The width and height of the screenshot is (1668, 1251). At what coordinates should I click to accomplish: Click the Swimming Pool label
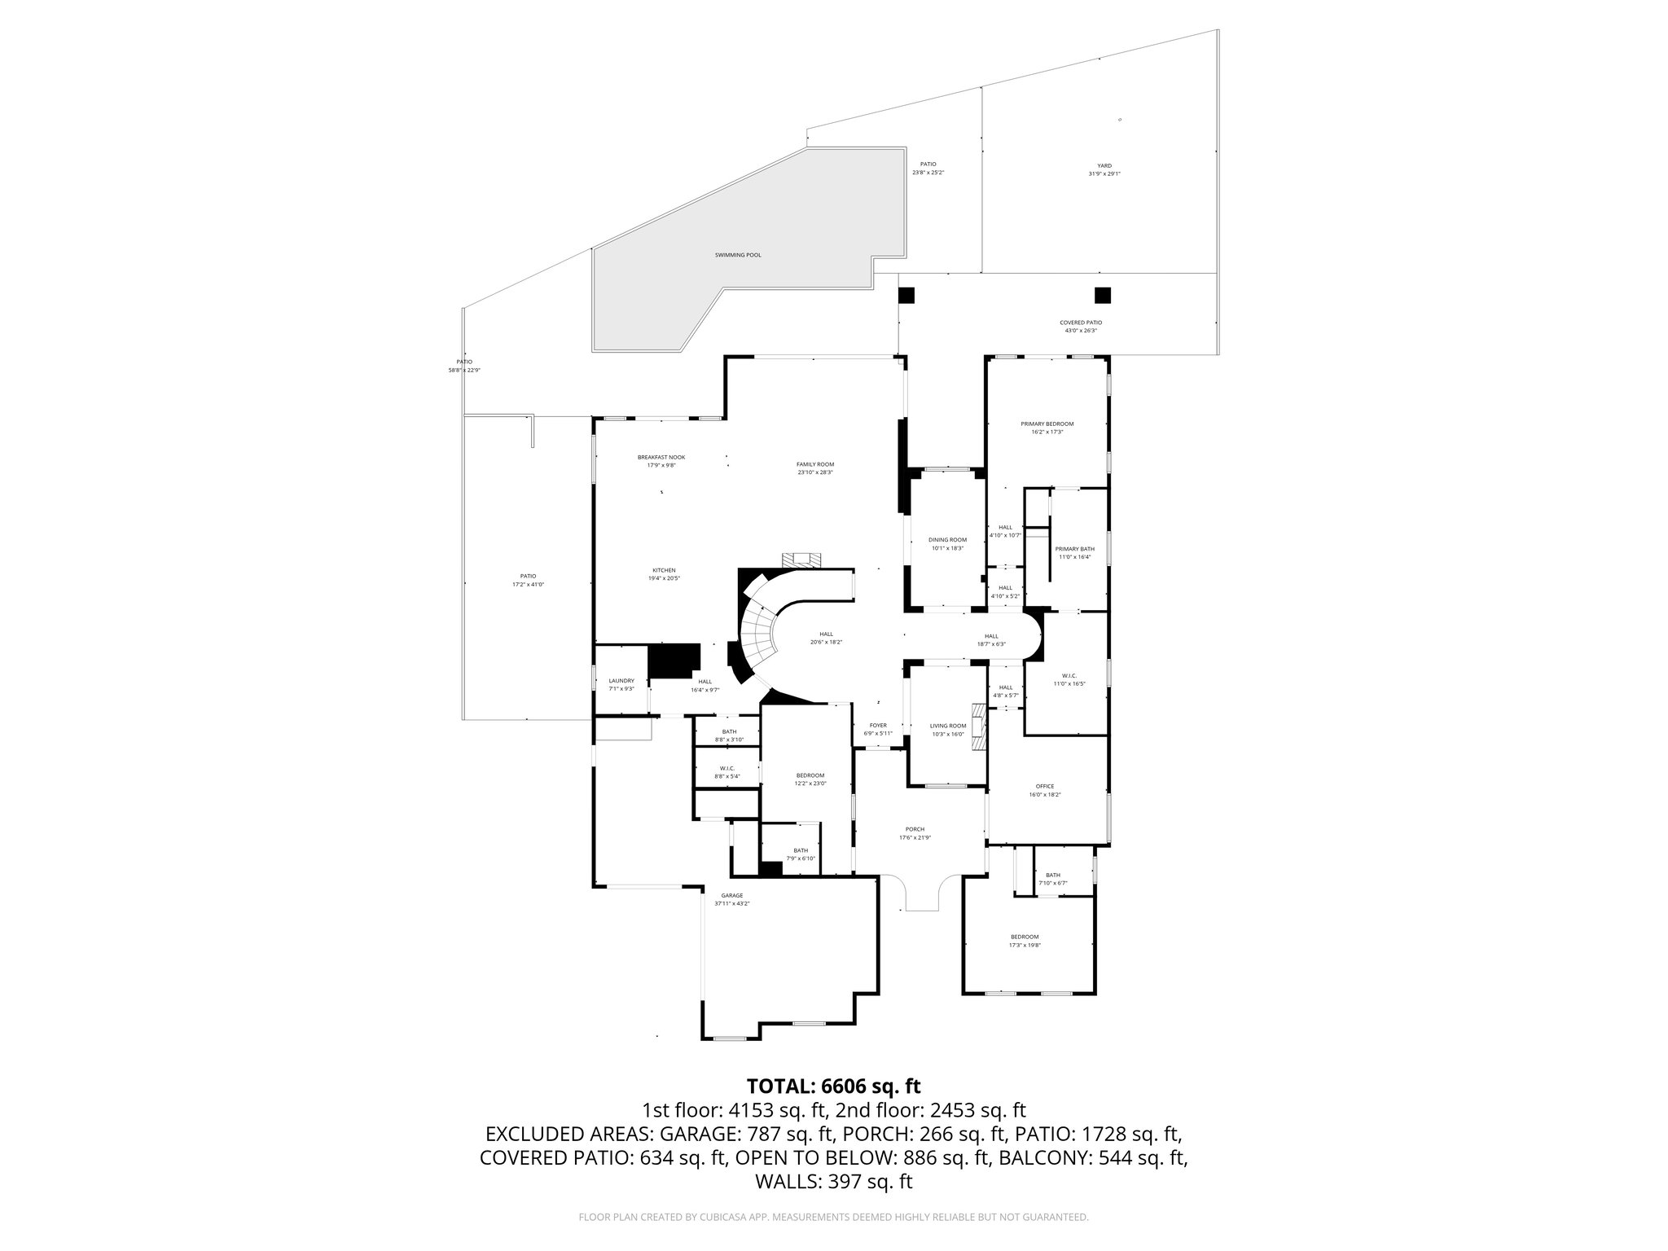point(737,255)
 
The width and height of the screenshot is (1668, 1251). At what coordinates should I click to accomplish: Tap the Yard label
point(1104,166)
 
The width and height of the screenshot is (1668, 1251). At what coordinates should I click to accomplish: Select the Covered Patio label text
point(1081,323)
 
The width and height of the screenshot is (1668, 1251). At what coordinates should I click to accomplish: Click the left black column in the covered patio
point(906,296)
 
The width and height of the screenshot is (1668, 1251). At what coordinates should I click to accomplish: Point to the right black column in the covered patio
point(1103,295)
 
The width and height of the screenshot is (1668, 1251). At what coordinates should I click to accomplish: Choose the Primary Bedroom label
point(1047,424)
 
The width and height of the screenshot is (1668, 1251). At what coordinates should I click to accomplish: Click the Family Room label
point(814,464)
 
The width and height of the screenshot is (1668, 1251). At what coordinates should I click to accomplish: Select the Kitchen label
point(664,570)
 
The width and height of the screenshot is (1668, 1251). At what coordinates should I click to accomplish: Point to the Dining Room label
point(947,540)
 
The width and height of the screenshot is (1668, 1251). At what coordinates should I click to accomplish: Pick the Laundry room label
point(621,681)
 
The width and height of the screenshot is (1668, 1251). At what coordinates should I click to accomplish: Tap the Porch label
point(911,829)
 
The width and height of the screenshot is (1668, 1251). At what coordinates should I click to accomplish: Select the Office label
point(1044,786)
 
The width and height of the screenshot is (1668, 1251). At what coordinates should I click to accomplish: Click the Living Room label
point(947,726)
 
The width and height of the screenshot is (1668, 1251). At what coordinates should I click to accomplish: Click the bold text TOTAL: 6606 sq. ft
point(833,1086)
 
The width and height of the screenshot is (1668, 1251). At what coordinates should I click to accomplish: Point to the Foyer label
point(878,725)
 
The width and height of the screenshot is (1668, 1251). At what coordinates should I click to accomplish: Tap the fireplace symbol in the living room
point(981,726)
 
